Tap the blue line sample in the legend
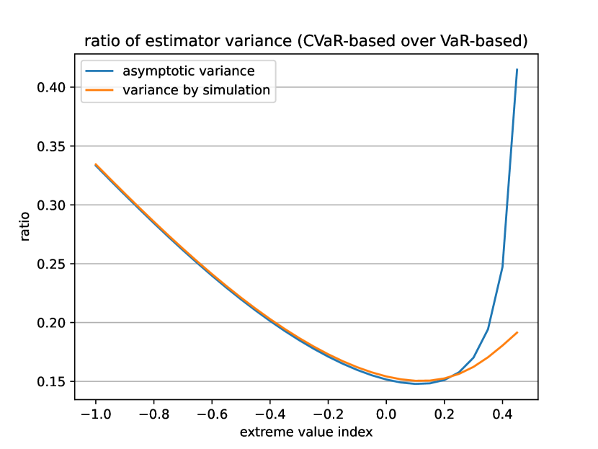tap(99, 71)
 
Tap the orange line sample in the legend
tap(99, 89)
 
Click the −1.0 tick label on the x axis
tap(95, 414)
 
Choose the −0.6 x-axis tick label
tap(211, 414)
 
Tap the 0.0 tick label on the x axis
tap(386, 414)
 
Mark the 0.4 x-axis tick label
tap(503, 414)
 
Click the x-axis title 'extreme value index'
tap(306, 432)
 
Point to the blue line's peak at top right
tap(517, 70)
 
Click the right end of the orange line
tap(517, 332)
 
